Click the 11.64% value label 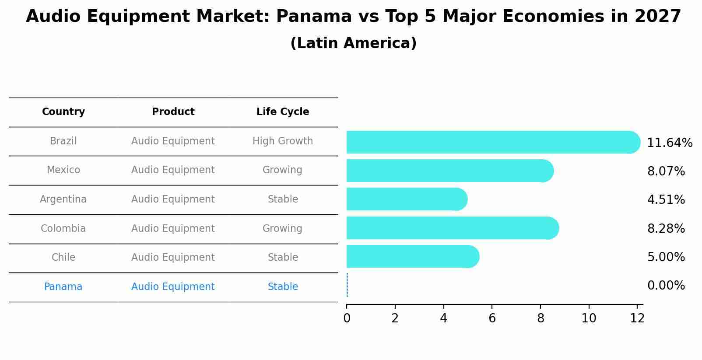click(x=669, y=143)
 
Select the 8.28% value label click(x=666, y=229)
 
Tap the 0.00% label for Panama click(x=666, y=286)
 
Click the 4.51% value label click(x=666, y=200)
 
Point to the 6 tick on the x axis click(x=492, y=318)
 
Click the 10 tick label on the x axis click(x=589, y=318)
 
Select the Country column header click(x=63, y=112)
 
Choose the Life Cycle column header click(x=283, y=112)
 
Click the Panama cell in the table click(x=63, y=287)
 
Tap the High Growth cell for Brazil click(x=283, y=141)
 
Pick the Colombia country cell click(x=63, y=229)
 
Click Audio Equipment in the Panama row click(x=173, y=287)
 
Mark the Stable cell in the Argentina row click(x=283, y=199)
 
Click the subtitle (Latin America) click(x=353, y=43)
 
